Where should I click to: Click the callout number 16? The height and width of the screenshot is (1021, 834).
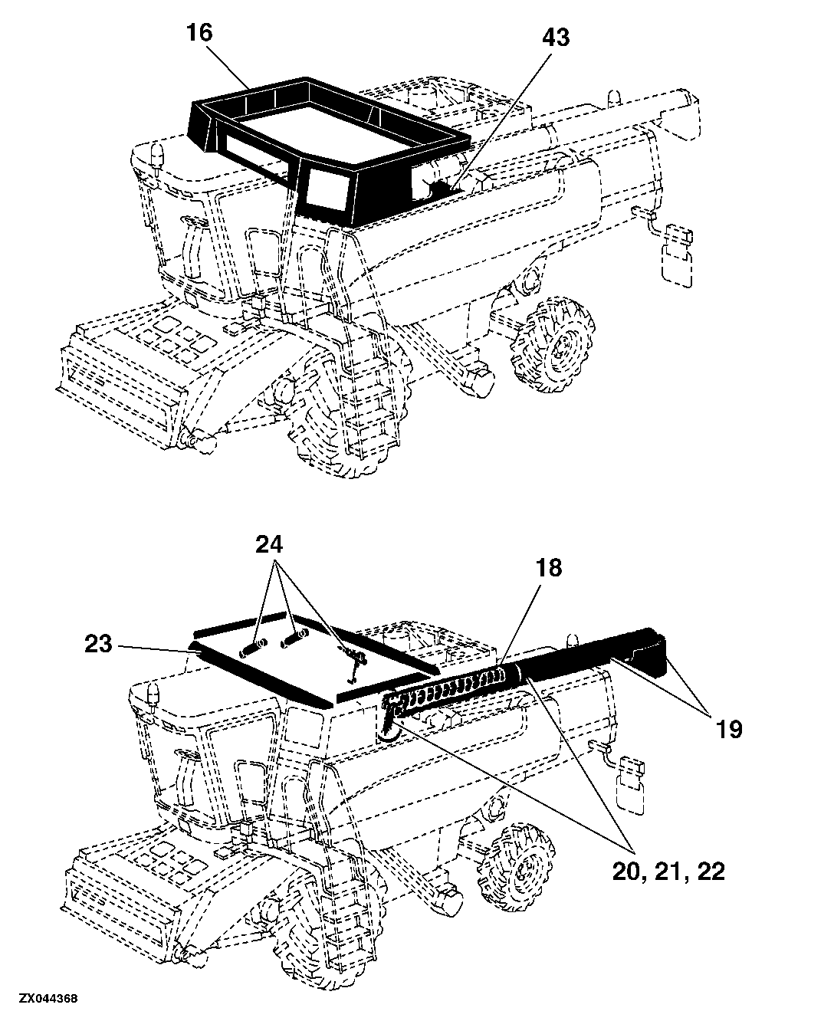click(x=199, y=33)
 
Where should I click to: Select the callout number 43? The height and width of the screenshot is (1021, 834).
click(x=556, y=38)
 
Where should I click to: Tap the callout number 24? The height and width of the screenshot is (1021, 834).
click(x=269, y=545)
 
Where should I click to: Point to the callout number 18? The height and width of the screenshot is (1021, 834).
click(x=548, y=568)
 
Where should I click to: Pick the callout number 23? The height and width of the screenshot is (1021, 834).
click(x=98, y=645)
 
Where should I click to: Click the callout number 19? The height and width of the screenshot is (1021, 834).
click(x=729, y=729)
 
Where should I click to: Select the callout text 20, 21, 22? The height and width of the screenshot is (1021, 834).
click(x=668, y=872)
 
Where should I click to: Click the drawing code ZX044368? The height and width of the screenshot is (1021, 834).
click(x=48, y=999)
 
